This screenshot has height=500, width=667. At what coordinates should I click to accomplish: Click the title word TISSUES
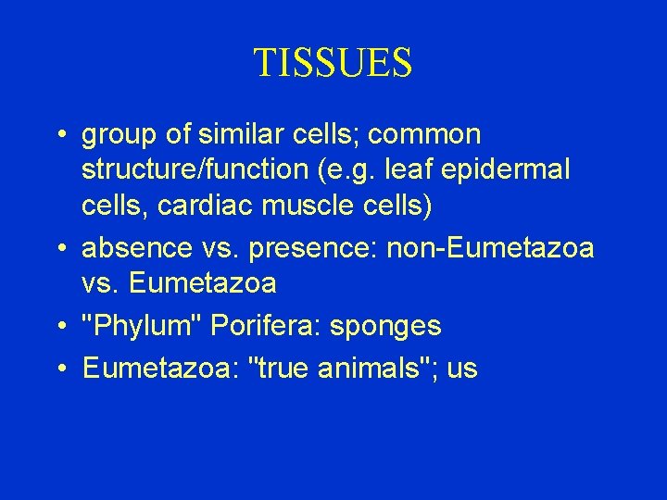coord(333,63)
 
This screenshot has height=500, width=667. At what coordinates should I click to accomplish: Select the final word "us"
coord(461,369)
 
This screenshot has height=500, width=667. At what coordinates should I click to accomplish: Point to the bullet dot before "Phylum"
coord(59,327)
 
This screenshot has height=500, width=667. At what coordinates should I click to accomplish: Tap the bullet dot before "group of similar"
coord(59,135)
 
